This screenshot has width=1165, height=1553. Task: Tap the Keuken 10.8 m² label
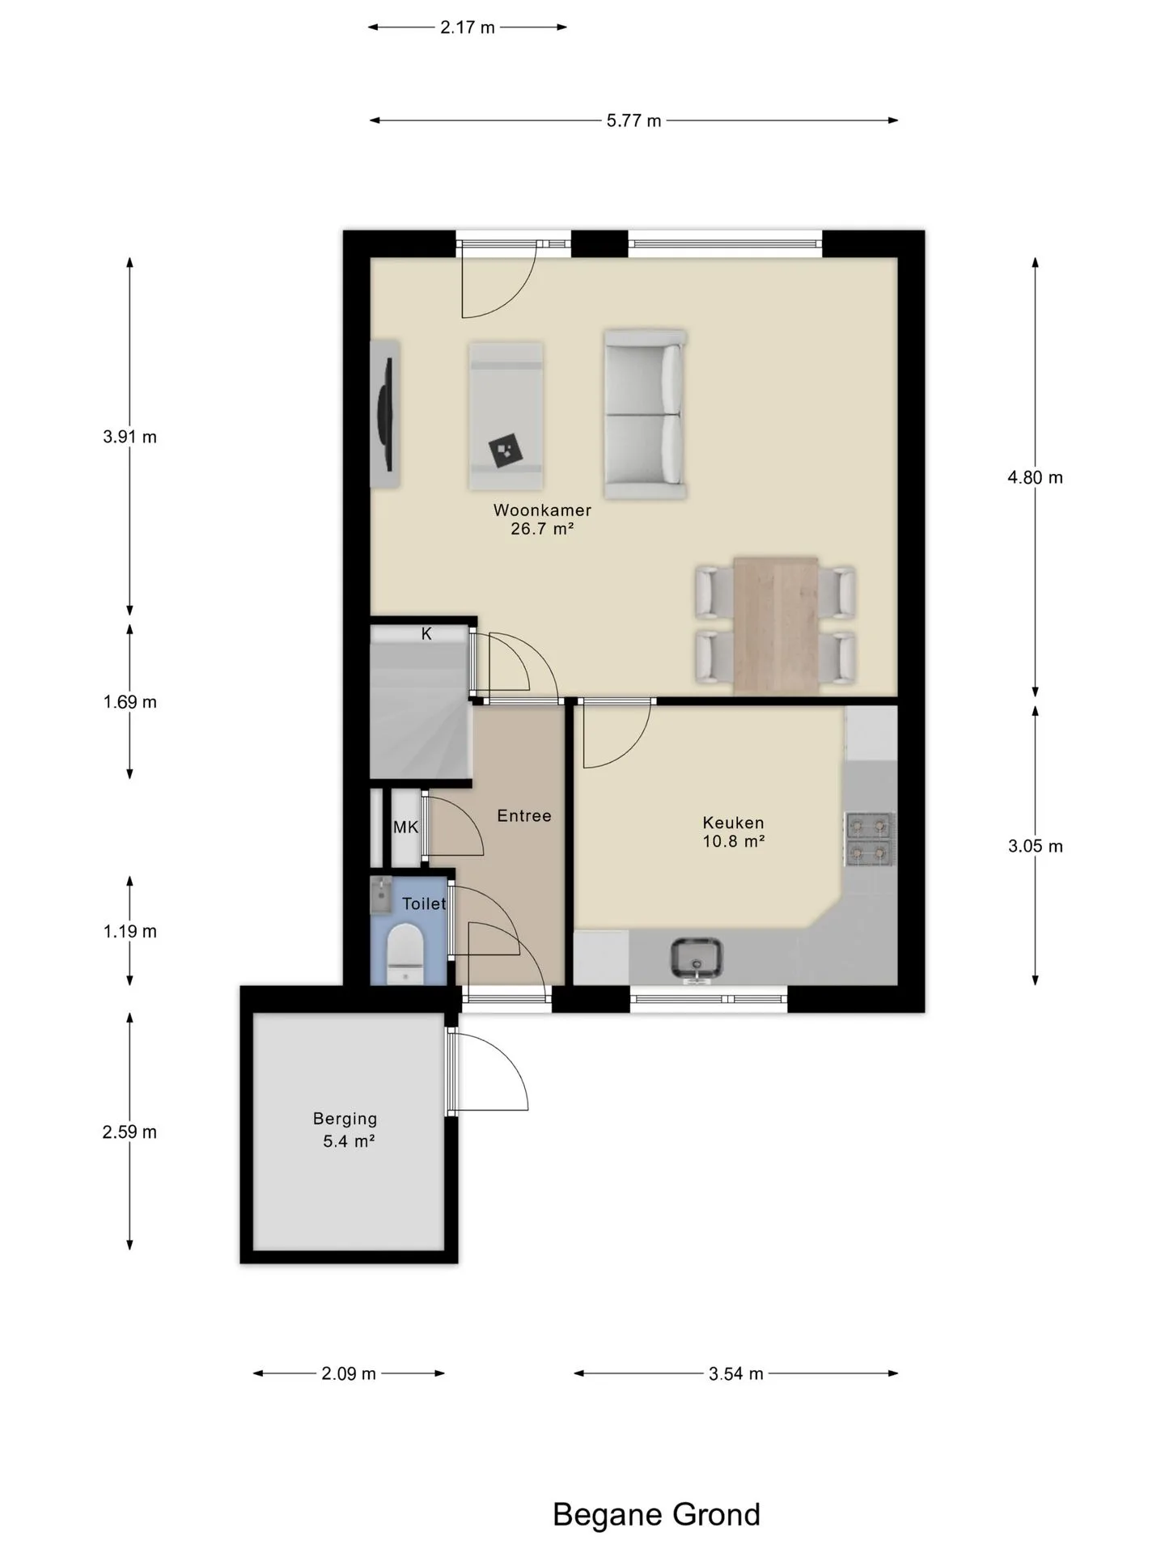[733, 832]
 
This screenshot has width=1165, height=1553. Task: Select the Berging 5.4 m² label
[345, 1130]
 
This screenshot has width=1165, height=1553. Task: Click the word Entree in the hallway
[524, 815]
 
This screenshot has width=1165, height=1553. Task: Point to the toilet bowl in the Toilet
[405, 954]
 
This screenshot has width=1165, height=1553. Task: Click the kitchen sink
[697, 958]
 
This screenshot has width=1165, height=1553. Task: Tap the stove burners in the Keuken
[870, 839]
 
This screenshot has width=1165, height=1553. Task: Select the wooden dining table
[775, 625]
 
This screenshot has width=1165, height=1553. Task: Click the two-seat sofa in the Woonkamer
[645, 413]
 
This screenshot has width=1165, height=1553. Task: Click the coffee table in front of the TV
[506, 416]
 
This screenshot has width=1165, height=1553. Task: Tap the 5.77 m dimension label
[634, 121]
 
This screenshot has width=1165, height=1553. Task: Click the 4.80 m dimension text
[1035, 477]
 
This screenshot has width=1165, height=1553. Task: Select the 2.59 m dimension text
[129, 1132]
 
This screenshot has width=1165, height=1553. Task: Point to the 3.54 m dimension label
[736, 1373]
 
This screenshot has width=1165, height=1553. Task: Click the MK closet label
[405, 827]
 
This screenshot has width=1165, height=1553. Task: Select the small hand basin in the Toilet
[381, 894]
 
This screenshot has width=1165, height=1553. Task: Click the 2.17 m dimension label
[468, 28]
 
